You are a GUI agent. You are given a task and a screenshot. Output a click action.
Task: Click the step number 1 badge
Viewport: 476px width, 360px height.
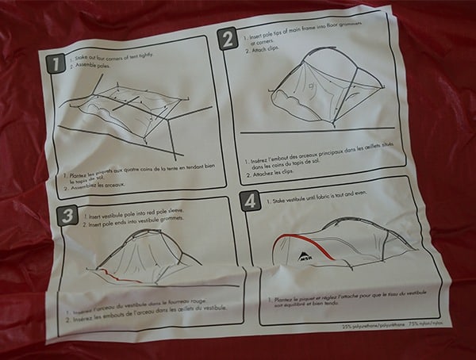pos(55,63)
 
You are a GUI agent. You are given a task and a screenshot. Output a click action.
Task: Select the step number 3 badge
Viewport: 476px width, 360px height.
pos(67,215)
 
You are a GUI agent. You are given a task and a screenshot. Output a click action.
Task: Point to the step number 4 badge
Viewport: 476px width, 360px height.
pos(251,201)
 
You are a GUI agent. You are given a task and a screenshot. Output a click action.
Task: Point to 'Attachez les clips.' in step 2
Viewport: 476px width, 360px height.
pos(273,172)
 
